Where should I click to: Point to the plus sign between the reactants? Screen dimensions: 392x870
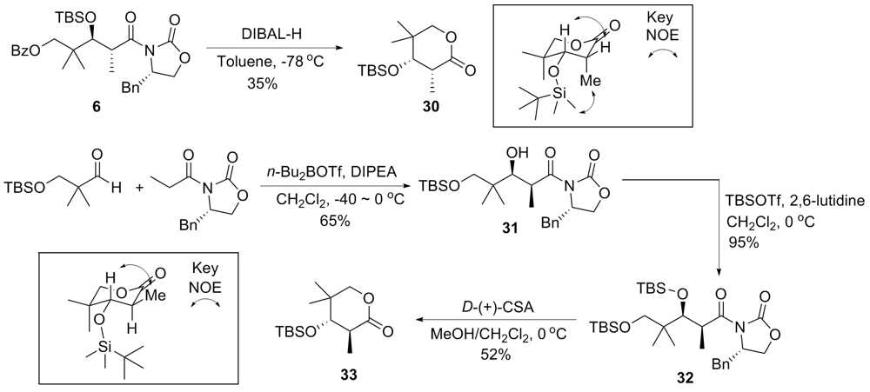137,186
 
